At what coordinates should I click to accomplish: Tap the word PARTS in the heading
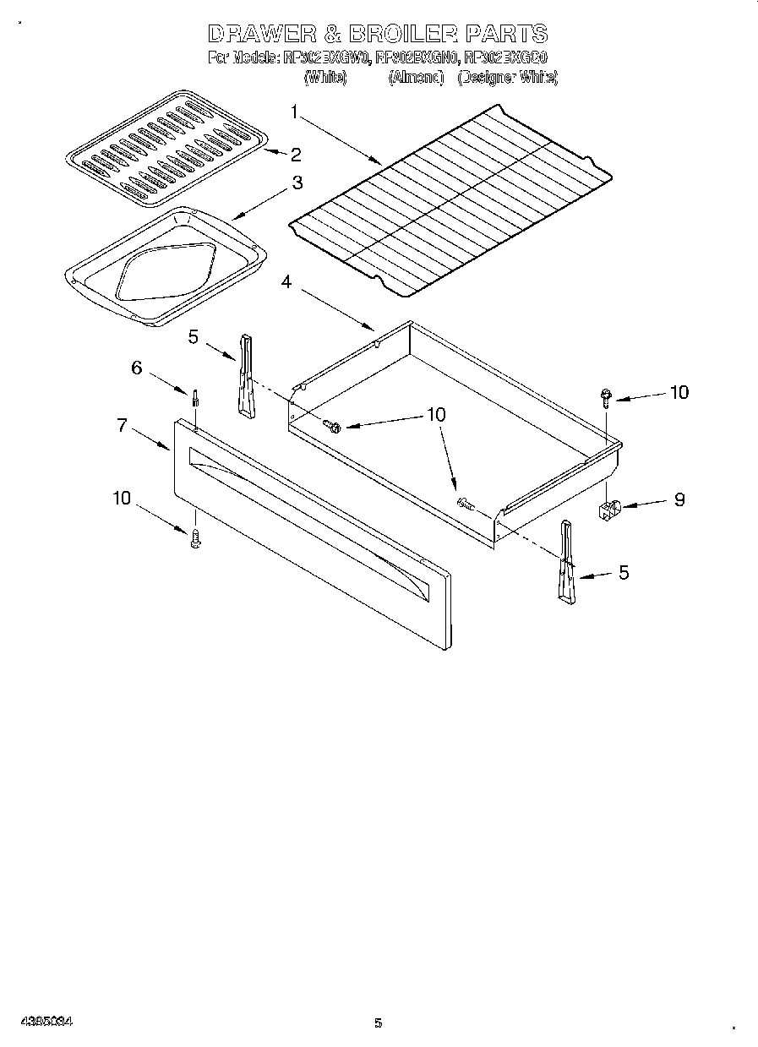point(506,34)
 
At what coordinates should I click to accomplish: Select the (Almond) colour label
point(416,77)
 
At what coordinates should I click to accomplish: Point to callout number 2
point(295,154)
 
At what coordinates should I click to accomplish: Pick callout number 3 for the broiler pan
point(297,182)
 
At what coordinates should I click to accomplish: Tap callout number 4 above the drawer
point(286,282)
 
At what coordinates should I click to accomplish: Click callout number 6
point(135,368)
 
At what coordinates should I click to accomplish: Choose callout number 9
point(679,499)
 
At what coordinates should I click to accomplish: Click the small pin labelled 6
point(196,396)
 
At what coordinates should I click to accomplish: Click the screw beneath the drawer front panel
point(196,538)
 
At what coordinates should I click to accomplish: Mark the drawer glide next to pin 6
point(245,375)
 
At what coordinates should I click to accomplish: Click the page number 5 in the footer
point(379,1023)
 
